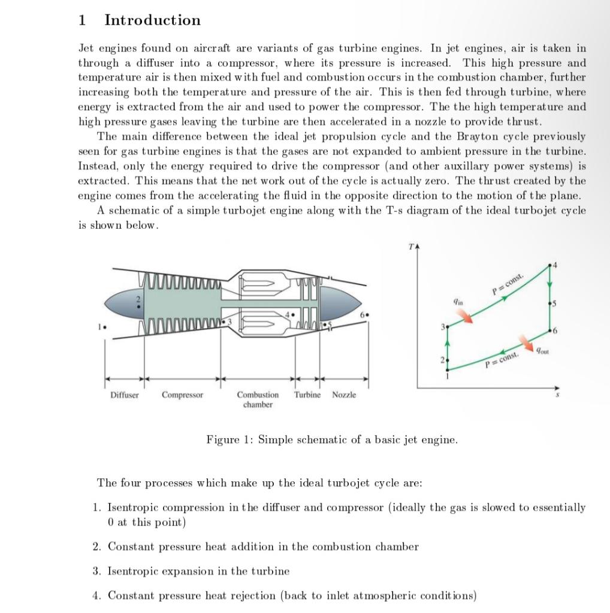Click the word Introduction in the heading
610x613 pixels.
152,20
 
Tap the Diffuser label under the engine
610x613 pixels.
124,395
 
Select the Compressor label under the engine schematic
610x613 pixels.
182,395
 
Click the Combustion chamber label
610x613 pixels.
258,400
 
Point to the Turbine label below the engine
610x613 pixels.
307,395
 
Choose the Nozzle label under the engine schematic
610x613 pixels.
344,395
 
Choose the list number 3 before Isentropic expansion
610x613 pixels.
96,571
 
